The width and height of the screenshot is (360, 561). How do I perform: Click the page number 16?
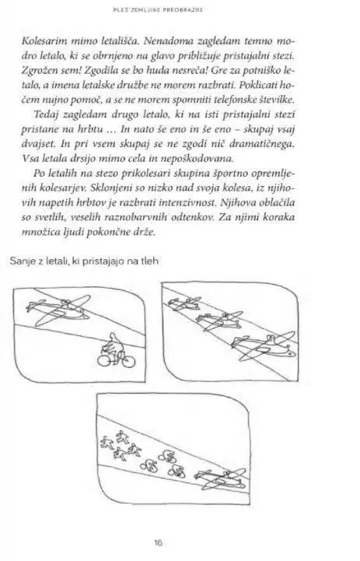[x=158, y=542]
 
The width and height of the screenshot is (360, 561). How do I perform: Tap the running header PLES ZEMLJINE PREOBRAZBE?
[x=158, y=9]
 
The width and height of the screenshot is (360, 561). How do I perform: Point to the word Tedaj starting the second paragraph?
[x=46, y=114]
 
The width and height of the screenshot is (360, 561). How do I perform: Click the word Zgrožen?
[x=40, y=71]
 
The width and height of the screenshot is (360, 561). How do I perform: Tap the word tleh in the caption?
[x=150, y=261]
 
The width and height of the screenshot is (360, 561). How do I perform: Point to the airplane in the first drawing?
[x=58, y=310]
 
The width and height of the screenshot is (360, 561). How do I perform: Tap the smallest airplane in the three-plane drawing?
[x=184, y=303]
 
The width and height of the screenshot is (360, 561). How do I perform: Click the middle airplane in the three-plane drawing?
[x=219, y=321]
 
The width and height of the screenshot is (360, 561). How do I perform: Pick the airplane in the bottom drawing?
[x=221, y=479]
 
